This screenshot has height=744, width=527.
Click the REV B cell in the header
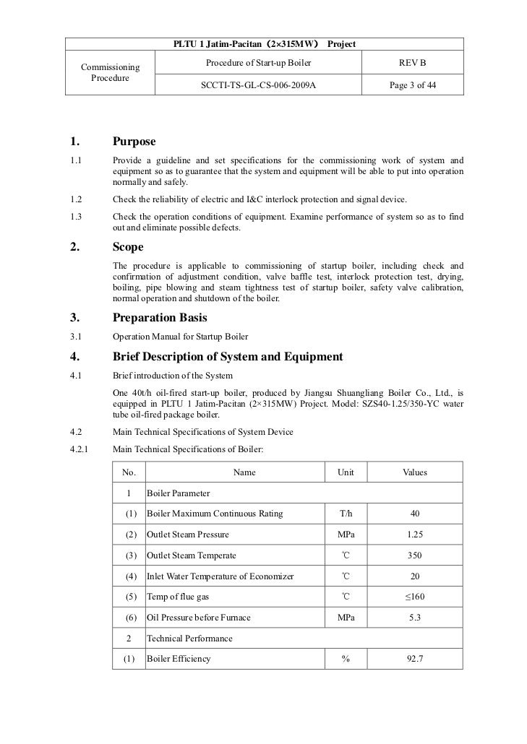coord(413,64)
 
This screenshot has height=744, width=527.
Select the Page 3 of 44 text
coord(413,85)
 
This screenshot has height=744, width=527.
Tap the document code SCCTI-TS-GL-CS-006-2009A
coord(258,85)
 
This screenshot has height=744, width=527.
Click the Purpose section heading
coord(134,141)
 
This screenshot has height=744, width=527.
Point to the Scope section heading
coord(129,247)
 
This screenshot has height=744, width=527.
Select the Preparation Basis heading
coord(160,317)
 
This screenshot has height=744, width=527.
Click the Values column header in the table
coord(414,472)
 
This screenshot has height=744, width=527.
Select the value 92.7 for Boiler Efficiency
coord(414,660)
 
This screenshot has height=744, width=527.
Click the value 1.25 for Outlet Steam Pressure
coord(414,535)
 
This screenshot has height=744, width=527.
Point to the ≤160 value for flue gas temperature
coord(414,597)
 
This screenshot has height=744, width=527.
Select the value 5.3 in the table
coord(414,618)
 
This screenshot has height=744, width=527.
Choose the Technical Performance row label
coord(189,639)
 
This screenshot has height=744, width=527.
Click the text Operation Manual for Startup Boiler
coord(181,337)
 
